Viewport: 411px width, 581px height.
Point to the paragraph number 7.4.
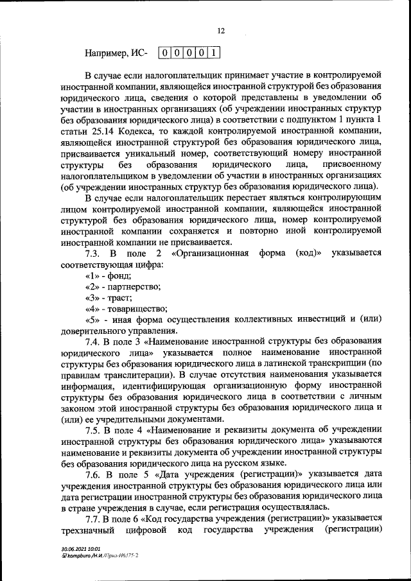click(94, 342)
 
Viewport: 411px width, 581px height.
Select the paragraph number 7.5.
click(94, 429)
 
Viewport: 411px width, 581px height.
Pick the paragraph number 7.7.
click(94, 518)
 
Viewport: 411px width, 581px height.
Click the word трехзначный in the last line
click(88, 530)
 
